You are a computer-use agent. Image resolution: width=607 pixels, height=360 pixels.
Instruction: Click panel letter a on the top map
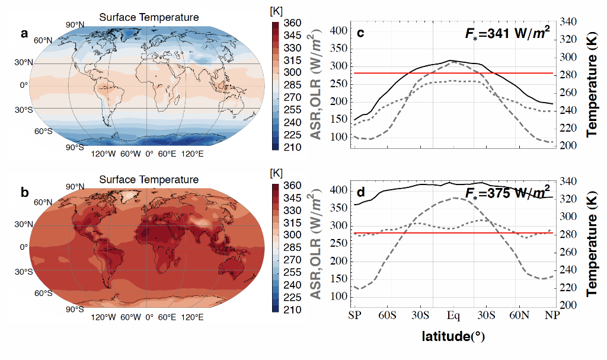click(x=24, y=34)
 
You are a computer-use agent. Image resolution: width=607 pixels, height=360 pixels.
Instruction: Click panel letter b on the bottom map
click(x=24, y=193)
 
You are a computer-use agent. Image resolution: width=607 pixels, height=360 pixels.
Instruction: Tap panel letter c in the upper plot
click(x=360, y=33)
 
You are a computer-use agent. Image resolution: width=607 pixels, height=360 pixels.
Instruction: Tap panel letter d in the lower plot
click(x=360, y=193)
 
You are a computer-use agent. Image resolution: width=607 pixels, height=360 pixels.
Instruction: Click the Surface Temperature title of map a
click(x=149, y=17)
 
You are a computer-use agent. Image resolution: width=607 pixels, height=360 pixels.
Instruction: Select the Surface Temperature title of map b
click(x=149, y=180)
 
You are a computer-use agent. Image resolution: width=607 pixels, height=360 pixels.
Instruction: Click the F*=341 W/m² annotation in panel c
click(x=509, y=34)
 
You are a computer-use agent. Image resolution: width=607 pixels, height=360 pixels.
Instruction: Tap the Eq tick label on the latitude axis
click(x=453, y=314)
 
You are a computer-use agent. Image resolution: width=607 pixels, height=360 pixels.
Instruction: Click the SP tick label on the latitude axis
click(x=355, y=314)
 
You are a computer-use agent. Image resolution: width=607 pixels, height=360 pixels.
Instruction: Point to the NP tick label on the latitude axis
click(x=552, y=314)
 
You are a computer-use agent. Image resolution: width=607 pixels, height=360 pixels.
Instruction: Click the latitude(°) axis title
click(x=453, y=338)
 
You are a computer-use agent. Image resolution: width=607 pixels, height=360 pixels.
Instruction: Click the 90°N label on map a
click(x=75, y=25)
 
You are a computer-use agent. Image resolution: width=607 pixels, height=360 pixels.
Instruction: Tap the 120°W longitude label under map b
click(x=103, y=317)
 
